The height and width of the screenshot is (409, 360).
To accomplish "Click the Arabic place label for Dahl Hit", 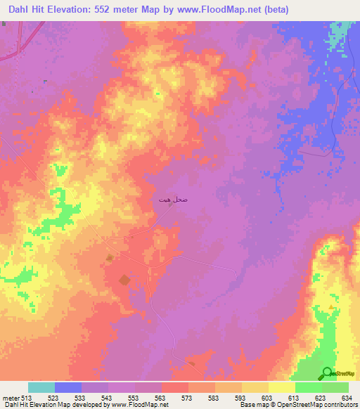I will (x=172, y=200).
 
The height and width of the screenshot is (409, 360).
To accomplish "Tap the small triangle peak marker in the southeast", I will (x=332, y=307).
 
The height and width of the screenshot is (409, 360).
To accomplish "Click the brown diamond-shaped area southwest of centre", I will (x=124, y=280).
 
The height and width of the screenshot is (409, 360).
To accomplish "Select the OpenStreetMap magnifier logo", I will (x=328, y=373).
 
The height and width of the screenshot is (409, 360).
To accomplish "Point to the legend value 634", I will (x=348, y=398).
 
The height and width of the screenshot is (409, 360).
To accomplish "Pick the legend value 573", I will (x=188, y=398).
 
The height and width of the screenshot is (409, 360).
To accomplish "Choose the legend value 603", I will (x=268, y=398).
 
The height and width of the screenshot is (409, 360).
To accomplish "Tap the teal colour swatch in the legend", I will (x=41, y=387).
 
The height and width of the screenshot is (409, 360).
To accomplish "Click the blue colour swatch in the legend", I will (x=67, y=387).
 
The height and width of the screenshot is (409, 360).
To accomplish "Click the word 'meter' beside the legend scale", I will (x=10, y=398).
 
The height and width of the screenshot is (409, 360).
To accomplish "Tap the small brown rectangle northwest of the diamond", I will (x=108, y=258).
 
